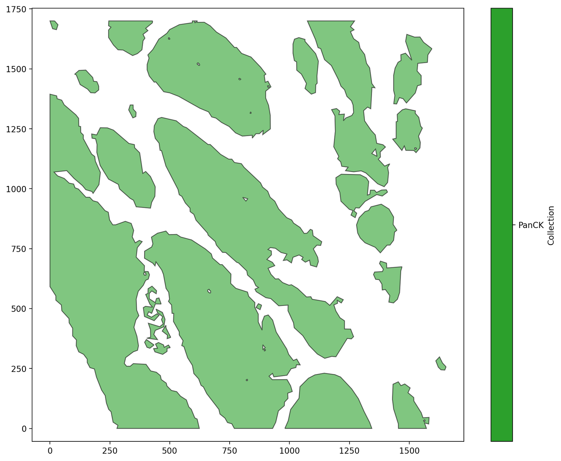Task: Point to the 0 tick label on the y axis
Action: point(24,428)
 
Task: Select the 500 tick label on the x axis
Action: point(170,450)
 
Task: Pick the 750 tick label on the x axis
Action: point(229,450)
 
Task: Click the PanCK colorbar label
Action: point(531,225)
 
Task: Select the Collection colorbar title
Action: point(551,225)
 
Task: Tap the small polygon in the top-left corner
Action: point(54,25)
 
